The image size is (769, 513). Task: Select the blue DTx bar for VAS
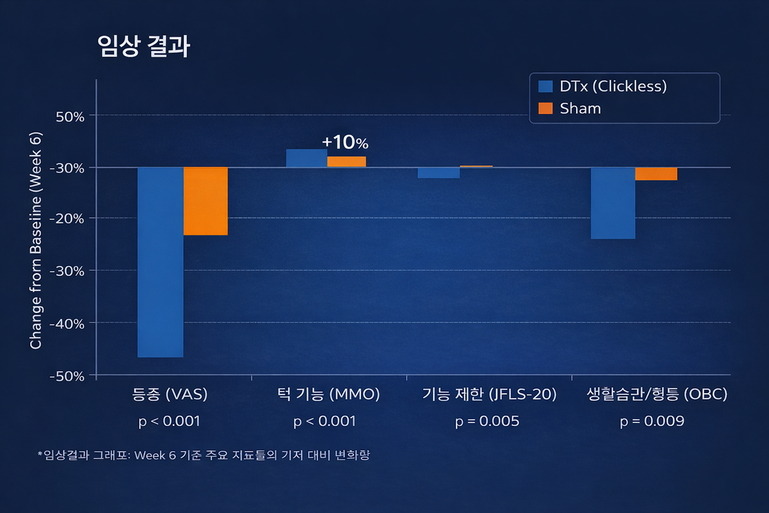(160, 262)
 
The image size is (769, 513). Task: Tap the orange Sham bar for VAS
(205, 201)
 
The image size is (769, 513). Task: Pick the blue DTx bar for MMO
(306, 158)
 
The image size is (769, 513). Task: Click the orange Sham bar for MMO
(347, 162)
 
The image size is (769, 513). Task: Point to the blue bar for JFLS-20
(439, 173)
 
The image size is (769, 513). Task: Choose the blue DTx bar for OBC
(613, 203)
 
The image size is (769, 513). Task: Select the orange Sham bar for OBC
(656, 174)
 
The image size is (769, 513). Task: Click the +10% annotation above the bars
(345, 143)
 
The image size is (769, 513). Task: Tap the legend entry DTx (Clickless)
(613, 86)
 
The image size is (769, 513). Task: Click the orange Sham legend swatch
(546, 109)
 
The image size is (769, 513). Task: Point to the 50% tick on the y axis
(70, 115)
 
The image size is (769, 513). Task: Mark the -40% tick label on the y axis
(68, 323)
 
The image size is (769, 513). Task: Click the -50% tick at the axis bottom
(68, 376)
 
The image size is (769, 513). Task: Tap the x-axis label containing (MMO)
(329, 395)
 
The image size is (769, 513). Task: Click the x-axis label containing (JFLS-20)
(489, 395)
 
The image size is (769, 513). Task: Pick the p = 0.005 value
(487, 421)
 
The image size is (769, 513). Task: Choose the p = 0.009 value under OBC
(652, 421)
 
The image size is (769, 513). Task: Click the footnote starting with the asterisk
(203, 455)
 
